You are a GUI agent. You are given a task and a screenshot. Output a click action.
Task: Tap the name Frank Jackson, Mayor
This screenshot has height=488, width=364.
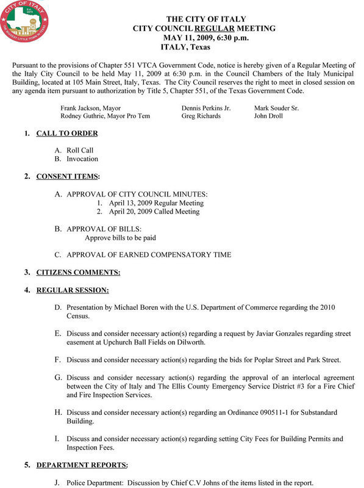(90, 107)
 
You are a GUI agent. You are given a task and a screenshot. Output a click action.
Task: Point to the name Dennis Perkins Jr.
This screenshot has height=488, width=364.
(206, 107)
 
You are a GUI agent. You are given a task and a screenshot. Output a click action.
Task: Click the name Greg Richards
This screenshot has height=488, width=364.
(201, 116)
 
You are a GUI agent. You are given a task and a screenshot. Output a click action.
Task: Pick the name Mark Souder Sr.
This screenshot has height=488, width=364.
(277, 107)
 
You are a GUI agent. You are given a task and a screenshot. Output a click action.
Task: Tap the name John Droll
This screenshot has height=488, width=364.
(269, 116)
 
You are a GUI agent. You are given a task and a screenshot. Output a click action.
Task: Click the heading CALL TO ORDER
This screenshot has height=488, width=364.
(67, 133)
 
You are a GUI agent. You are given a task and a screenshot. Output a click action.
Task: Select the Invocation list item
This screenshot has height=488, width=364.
(82, 159)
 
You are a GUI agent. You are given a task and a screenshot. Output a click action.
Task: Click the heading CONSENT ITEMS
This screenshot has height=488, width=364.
(67, 176)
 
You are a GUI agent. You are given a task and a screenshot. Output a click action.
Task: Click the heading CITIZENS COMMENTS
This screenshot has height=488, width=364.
(78, 272)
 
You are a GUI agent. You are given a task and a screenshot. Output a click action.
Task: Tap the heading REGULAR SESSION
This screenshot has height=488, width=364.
(72, 290)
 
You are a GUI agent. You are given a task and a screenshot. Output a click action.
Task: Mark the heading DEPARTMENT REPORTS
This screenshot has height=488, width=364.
(82, 465)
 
